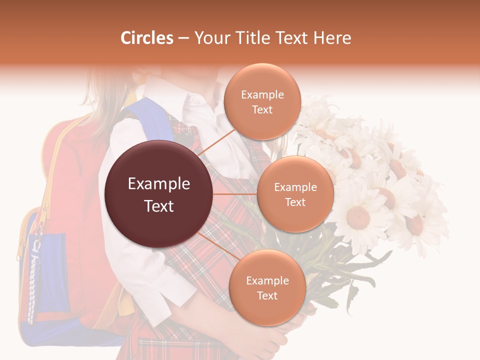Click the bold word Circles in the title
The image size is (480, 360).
pos(146,38)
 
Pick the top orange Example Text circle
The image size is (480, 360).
pos(262,101)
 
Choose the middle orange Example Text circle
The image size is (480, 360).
pos(295,194)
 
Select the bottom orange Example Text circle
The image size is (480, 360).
pos(267,287)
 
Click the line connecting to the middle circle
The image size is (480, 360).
pos(235,194)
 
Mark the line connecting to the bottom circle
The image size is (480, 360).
pos(215,245)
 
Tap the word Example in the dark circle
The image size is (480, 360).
pos(159,184)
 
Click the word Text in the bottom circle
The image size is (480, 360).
pos(267,295)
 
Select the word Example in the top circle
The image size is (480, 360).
pos(262,95)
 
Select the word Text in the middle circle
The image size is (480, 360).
pos(295,202)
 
